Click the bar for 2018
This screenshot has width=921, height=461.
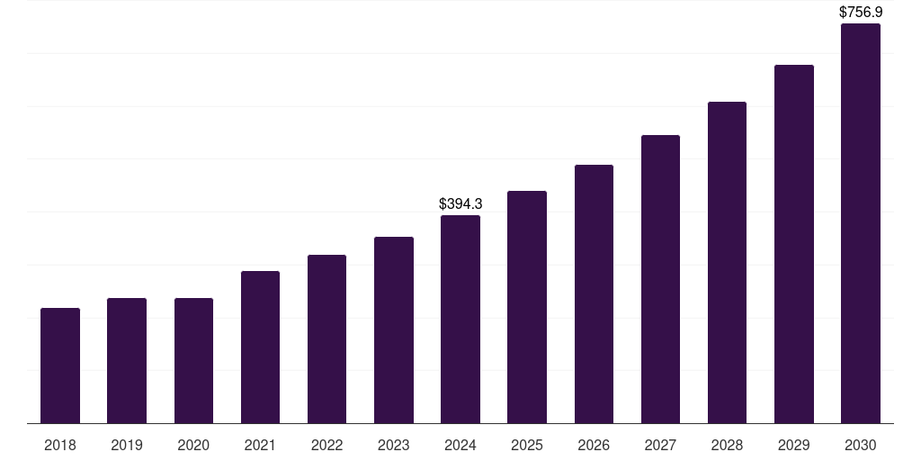(60, 366)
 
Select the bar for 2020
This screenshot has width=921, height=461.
(193, 360)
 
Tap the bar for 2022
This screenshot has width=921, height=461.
(326, 339)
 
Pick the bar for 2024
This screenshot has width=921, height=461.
(460, 319)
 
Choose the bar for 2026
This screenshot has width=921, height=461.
(594, 294)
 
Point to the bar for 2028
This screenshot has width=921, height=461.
(727, 262)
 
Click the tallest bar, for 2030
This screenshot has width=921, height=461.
(860, 223)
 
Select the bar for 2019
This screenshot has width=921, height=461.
(127, 360)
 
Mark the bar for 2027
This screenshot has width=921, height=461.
(660, 279)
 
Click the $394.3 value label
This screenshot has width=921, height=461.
(460, 204)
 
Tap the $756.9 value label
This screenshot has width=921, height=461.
(860, 13)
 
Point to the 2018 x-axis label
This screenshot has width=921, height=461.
(60, 446)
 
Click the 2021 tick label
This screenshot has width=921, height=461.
(260, 446)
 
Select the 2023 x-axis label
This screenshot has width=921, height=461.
(393, 446)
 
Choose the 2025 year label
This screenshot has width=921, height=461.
(527, 446)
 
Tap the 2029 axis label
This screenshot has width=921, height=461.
(793, 446)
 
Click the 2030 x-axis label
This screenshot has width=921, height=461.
(860, 446)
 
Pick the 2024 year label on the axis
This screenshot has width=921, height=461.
(460, 446)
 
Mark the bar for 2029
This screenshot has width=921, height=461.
(793, 244)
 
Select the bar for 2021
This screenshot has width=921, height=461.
(260, 347)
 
